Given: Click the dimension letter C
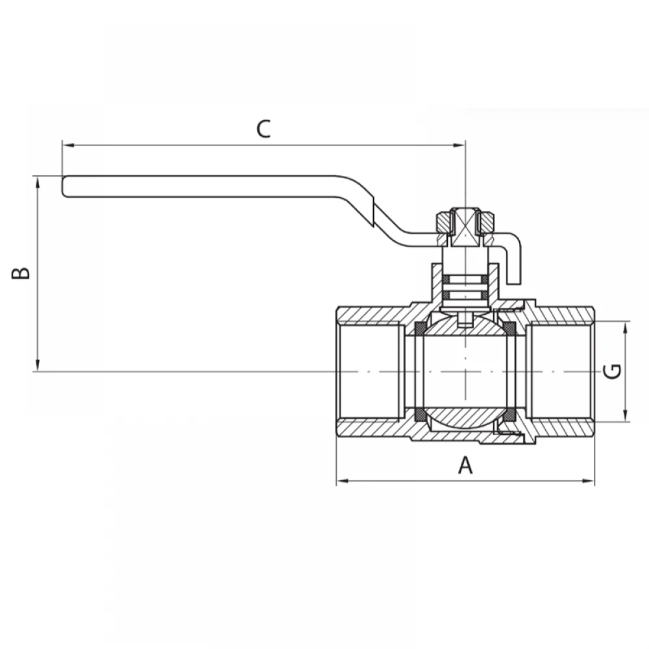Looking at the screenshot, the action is pyautogui.click(x=263, y=129).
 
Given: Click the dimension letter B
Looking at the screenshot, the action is pyautogui.click(x=21, y=273).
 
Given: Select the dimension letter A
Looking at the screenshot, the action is pyautogui.click(x=465, y=465).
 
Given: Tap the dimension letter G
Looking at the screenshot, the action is pyautogui.click(x=612, y=371).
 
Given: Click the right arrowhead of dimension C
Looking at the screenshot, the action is pyautogui.click(x=459, y=145).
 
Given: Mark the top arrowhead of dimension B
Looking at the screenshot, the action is pyautogui.click(x=38, y=182).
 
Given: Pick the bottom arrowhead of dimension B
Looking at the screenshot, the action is pyautogui.click(x=38, y=365).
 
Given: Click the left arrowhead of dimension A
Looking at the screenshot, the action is pyautogui.click(x=342, y=481).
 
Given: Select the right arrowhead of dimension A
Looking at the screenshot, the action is pyautogui.click(x=588, y=481).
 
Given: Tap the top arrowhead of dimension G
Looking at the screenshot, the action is pyautogui.click(x=626, y=327).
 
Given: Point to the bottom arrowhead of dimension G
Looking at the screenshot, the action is pyautogui.click(x=626, y=416).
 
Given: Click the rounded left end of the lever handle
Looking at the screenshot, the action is pyautogui.click(x=64, y=186).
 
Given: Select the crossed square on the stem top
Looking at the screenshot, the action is pyautogui.click(x=465, y=228).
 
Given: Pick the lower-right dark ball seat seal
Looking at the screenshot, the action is pyautogui.click(x=511, y=415).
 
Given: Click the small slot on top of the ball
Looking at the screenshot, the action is pyautogui.click(x=465, y=320).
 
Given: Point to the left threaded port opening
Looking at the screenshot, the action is pyautogui.click(x=371, y=371).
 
